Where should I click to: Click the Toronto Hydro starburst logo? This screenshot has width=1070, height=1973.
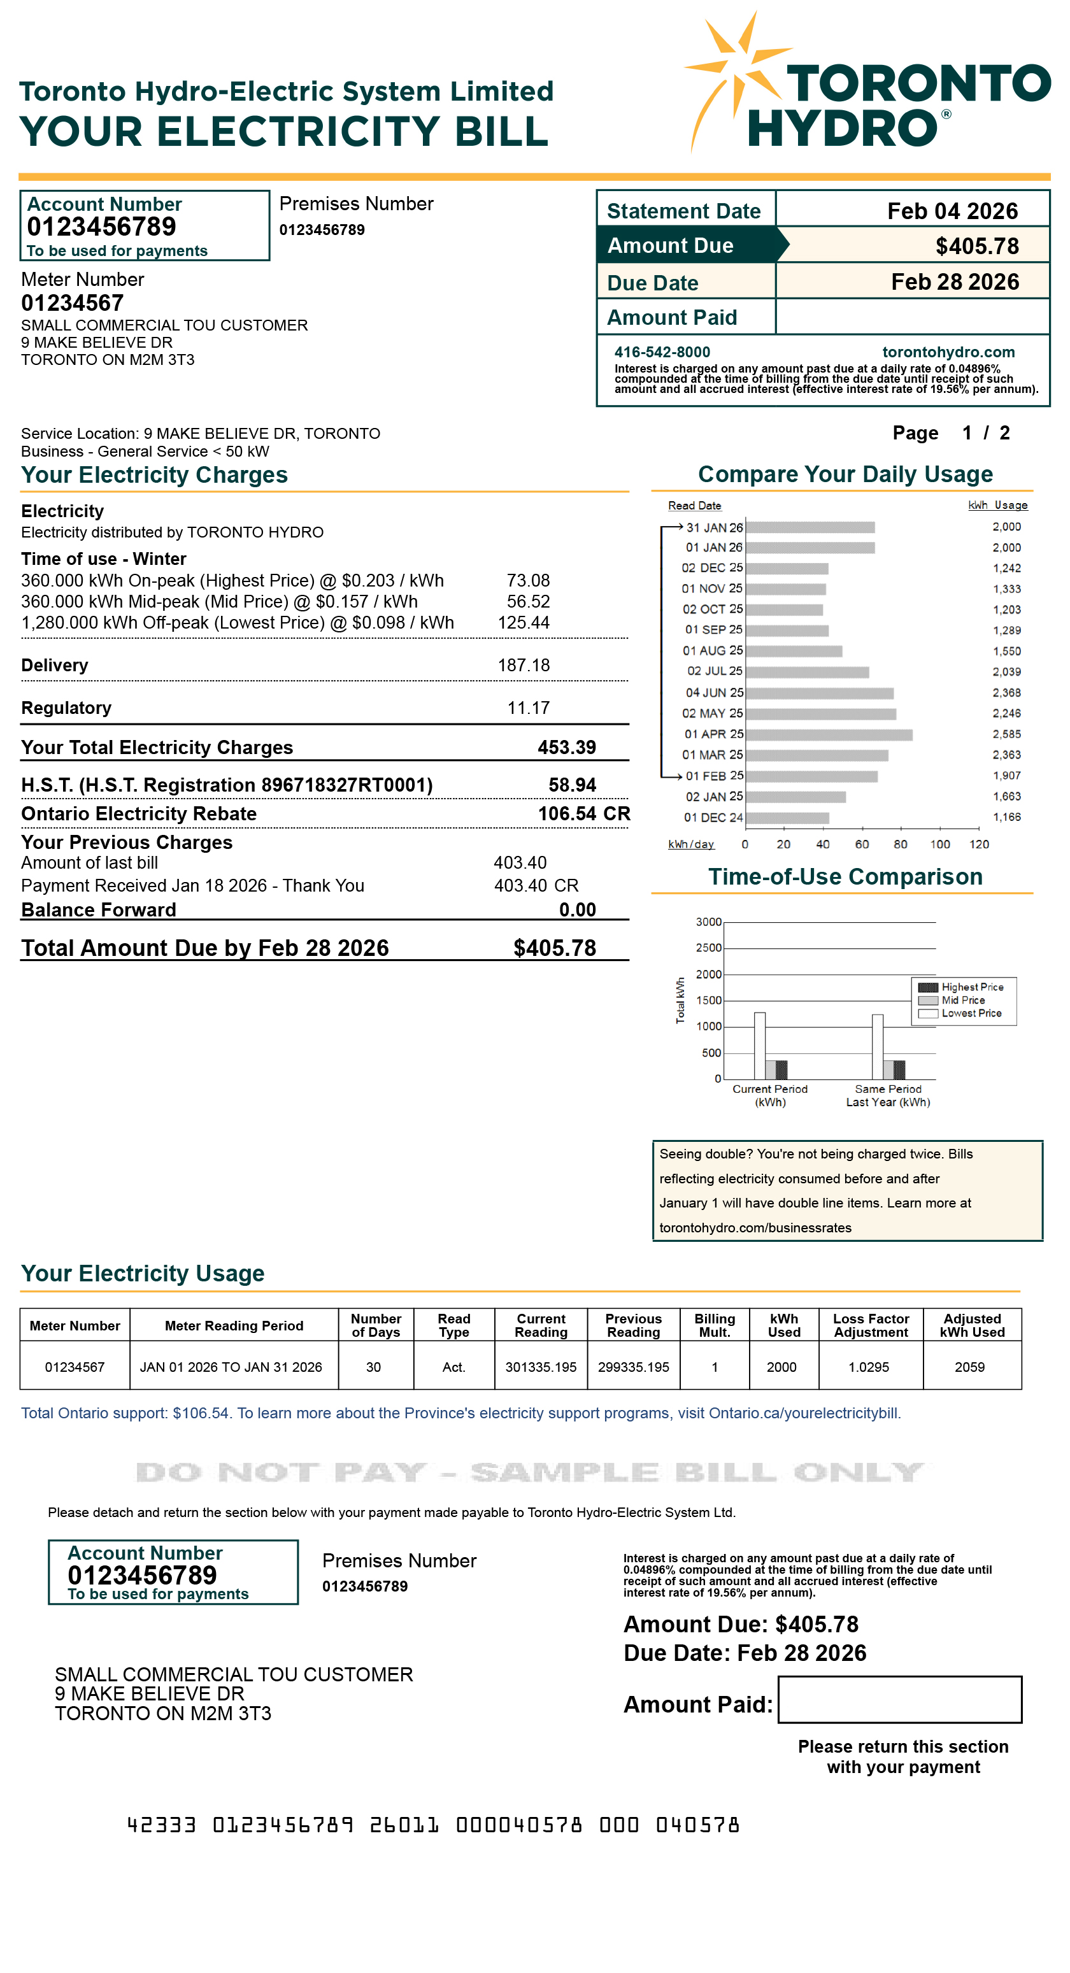[x=738, y=76]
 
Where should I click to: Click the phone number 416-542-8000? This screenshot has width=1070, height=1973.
[x=662, y=352]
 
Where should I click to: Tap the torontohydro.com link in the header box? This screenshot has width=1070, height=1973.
[x=948, y=352]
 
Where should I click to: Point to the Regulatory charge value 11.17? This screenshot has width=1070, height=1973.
[x=528, y=708]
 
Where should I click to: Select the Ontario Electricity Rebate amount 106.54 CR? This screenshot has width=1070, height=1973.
[x=583, y=813]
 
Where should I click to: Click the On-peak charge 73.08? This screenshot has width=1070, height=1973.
[x=528, y=581]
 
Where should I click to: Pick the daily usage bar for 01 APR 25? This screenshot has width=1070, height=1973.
[x=829, y=734]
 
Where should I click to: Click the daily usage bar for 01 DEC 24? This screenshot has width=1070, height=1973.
[x=787, y=818]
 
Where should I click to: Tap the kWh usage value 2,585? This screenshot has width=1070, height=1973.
[x=1006, y=734]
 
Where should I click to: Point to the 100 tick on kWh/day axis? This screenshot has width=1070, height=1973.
[x=940, y=844]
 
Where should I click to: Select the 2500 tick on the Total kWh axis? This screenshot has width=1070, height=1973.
[x=708, y=948]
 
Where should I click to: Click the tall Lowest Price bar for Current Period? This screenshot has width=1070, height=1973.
[x=760, y=1046]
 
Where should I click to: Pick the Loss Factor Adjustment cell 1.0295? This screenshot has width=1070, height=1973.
[x=869, y=1367]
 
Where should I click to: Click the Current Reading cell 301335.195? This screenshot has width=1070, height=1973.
[x=541, y=1367]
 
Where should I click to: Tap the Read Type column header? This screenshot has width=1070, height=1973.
[x=453, y=1325]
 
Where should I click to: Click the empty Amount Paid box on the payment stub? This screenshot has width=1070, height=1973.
[x=899, y=1700]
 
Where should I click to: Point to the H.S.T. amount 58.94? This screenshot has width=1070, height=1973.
[x=571, y=785]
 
